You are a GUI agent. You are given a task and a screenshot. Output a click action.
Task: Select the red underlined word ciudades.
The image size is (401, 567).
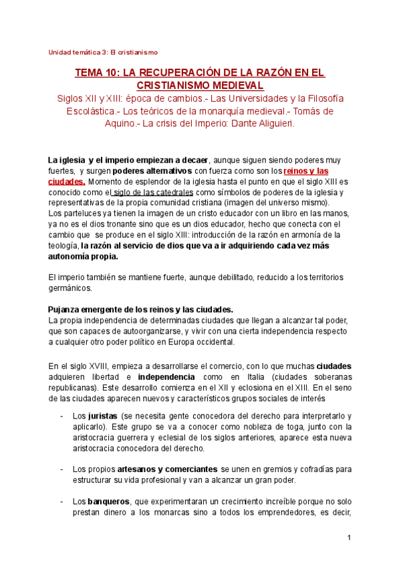[67, 181]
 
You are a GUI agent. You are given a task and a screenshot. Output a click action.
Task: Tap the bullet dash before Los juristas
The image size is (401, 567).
[61, 416]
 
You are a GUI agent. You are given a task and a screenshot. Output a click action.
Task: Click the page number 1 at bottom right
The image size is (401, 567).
[349, 538]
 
